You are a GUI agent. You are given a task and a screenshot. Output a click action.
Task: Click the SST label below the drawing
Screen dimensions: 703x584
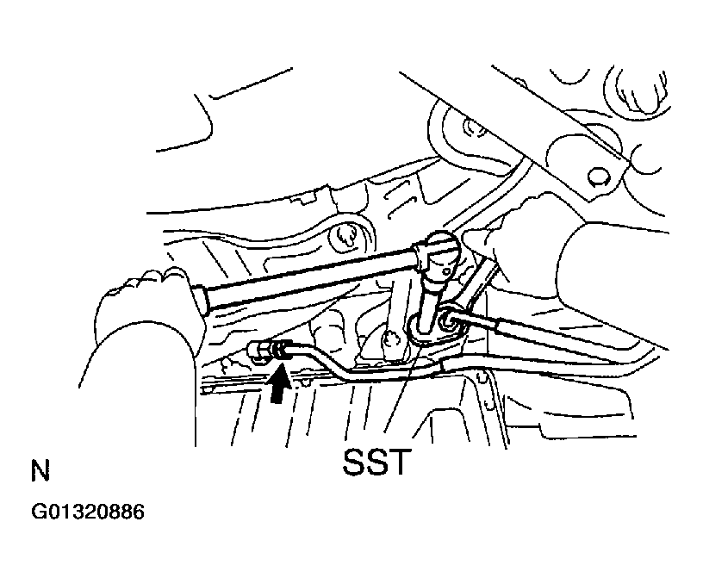coord(376,462)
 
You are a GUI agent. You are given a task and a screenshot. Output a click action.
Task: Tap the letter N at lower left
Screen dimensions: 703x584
coord(40,470)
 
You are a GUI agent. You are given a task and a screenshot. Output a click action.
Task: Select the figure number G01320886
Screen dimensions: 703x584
coord(88,512)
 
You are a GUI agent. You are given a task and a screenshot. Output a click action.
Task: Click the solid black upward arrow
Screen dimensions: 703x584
coord(279,384)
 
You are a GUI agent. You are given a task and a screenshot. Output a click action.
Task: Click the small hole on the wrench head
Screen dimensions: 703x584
coord(446,271)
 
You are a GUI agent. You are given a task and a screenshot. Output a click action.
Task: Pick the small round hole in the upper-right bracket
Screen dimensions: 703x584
coord(598,177)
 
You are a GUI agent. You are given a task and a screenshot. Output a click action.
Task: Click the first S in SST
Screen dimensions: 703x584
coord(354,462)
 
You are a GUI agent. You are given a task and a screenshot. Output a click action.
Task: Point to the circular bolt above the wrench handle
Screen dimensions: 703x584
coord(345,237)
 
